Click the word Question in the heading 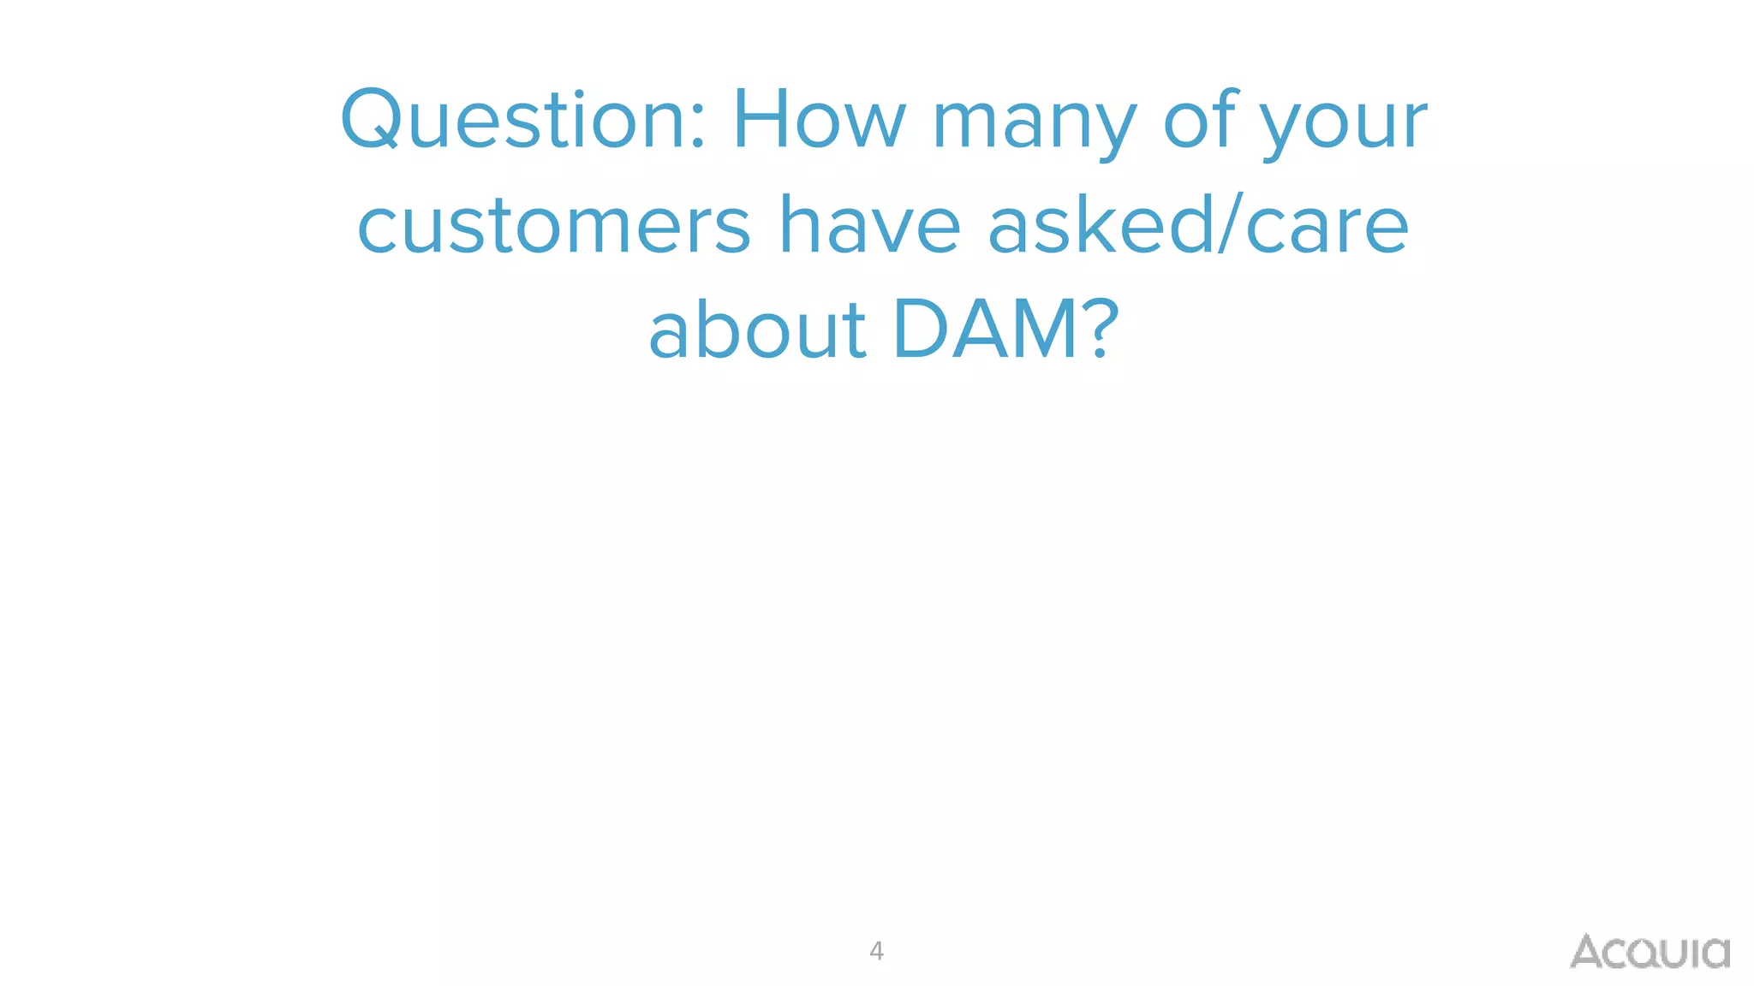point(511,120)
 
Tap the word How point(819,120)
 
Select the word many point(1034,124)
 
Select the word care point(1327,227)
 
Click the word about point(757,329)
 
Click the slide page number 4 point(876,951)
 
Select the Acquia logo point(1650,952)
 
